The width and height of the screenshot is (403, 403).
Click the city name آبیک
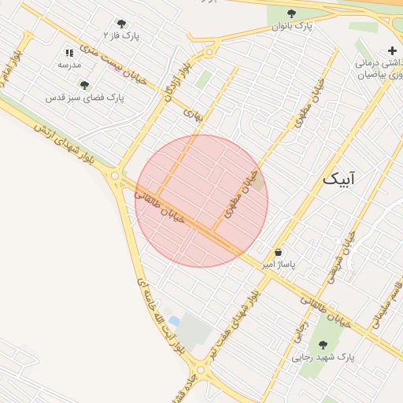tap(338, 179)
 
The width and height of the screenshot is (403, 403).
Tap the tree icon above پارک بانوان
tap(292, 13)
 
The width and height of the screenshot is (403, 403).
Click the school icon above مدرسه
tap(69, 52)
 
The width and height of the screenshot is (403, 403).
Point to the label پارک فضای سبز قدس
tap(85, 98)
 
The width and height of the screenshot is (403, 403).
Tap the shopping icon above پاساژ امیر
tap(279, 252)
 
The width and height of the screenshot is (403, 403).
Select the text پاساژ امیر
tap(279, 265)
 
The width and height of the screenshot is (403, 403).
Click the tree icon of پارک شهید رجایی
tap(323, 345)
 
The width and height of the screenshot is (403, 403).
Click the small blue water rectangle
tap(174, 321)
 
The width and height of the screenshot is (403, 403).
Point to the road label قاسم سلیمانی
tap(389, 303)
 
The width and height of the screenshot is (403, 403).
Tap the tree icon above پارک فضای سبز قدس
tap(84, 85)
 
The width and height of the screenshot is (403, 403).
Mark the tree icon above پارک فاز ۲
tap(121, 24)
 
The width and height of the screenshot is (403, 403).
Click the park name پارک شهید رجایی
tap(324, 357)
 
